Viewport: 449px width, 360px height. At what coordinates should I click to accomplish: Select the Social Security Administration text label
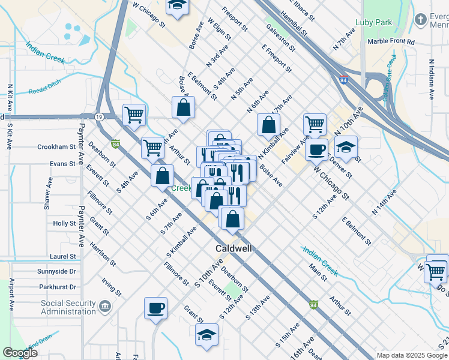click(68, 307)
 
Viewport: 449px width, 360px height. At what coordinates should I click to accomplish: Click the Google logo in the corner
click(20, 353)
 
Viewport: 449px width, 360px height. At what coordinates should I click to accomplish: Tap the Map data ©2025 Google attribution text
click(411, 355)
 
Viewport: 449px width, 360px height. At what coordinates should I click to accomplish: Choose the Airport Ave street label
click(11, 294)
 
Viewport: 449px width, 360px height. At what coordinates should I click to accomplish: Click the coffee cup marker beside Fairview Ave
click(316, 149)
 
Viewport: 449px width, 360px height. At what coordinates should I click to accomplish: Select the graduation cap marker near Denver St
click(345, 147)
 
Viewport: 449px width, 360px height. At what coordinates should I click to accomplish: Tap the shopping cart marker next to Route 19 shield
click(134, 114)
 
